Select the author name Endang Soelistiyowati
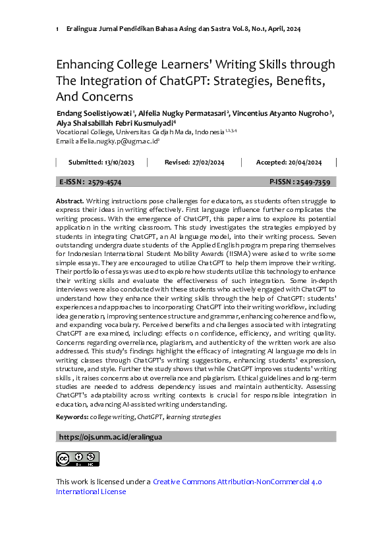tap(95, 113)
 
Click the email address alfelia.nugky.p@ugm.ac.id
tap(116, 141)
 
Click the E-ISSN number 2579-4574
tap(104, 182)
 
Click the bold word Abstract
tap(69, 200)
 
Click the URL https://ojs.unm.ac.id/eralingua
tap(111, 436)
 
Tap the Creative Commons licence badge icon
tap(77, 459)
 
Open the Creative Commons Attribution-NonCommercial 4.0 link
tap(237, 482)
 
